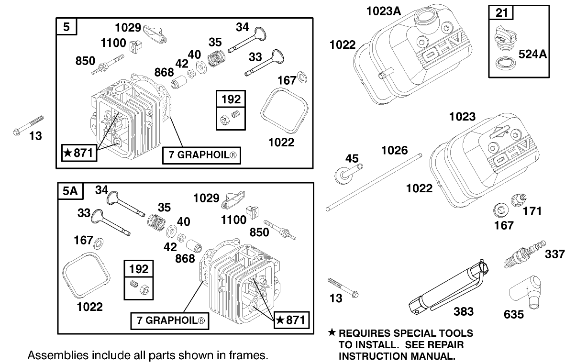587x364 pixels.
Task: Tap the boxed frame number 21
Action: point(501,12)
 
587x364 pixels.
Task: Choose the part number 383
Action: point(463,311)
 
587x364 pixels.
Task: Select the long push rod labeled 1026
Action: point(373,183)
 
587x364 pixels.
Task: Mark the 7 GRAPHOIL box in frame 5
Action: point(201,155)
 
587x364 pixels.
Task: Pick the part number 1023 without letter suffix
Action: point(462,116)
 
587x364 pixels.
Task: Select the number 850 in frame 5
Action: point(86,61)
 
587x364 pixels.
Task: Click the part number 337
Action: point(554,254)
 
